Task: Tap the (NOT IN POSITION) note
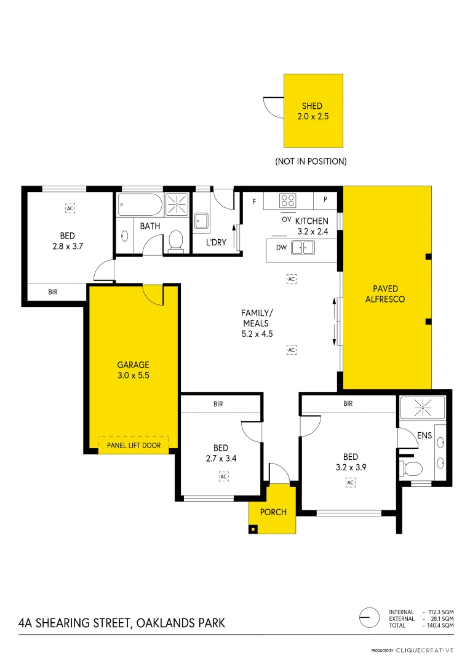(311, 161)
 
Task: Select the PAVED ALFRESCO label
(385, 294)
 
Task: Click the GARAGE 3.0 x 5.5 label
(133, 370)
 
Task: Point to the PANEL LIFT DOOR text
(133, 445)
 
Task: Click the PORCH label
(273, 512)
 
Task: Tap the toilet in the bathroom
(175, 241)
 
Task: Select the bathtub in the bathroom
(140, 204)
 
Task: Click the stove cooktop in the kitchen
(288, 200)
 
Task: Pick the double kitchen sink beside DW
(303, 247)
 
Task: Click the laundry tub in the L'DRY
(201, 221)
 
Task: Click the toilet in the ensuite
(410, 469)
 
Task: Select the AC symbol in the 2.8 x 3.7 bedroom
(70, 208)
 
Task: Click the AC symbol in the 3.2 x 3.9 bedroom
(350, 483)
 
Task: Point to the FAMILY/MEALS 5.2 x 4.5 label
(257, 323)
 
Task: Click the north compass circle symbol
(368, 617)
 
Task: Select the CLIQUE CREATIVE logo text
(424, 650)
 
